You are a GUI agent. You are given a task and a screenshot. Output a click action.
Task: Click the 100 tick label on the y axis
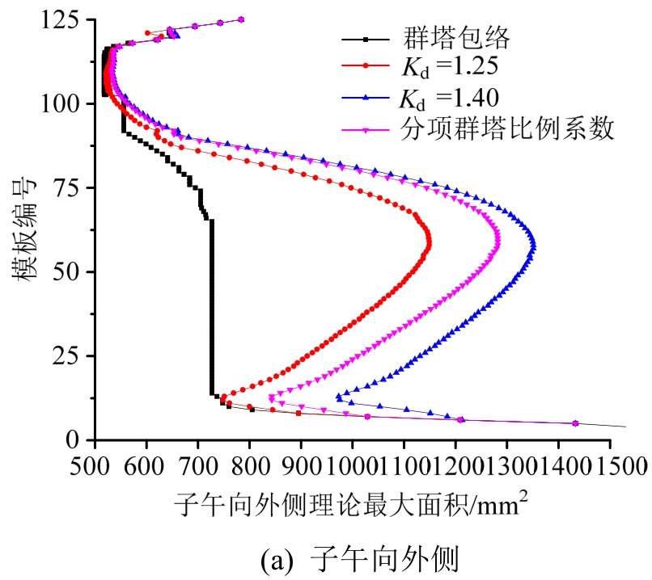point(66,103)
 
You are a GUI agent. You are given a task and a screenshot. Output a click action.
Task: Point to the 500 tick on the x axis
point(95,466)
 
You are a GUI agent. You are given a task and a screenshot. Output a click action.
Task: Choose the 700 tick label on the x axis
point(197,466)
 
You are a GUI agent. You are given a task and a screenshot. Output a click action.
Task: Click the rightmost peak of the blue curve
point(531,244)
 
